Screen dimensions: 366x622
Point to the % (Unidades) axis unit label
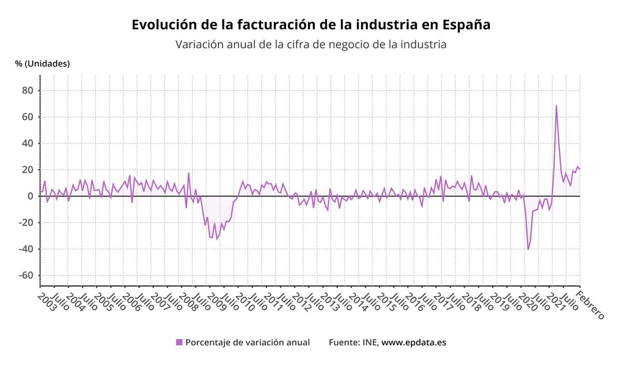pyautogui.click(x=43, y=64)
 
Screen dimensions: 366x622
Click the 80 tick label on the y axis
pyautogui.click(x=27, y=90)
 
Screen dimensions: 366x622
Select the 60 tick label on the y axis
pyautogui.click(x=27, y=117)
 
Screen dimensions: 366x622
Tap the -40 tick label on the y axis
pyautogui.click(x=25, y=249)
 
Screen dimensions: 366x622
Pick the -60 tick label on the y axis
pyautogui.click(x=25, y=276)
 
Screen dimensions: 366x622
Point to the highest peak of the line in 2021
pyautogui.click(x=556, y=106)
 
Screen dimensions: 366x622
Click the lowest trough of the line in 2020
pyautogui.click(x=528, y=250)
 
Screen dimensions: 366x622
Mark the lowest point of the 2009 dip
pyautogui.click(x=217, y=239)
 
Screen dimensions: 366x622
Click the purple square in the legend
pyautogui.click(x=179, y=342)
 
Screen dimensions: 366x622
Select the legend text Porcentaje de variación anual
pyautogui.click(x=248, y=342)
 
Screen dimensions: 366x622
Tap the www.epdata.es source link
pyautogui.click(x=414, y=342)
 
